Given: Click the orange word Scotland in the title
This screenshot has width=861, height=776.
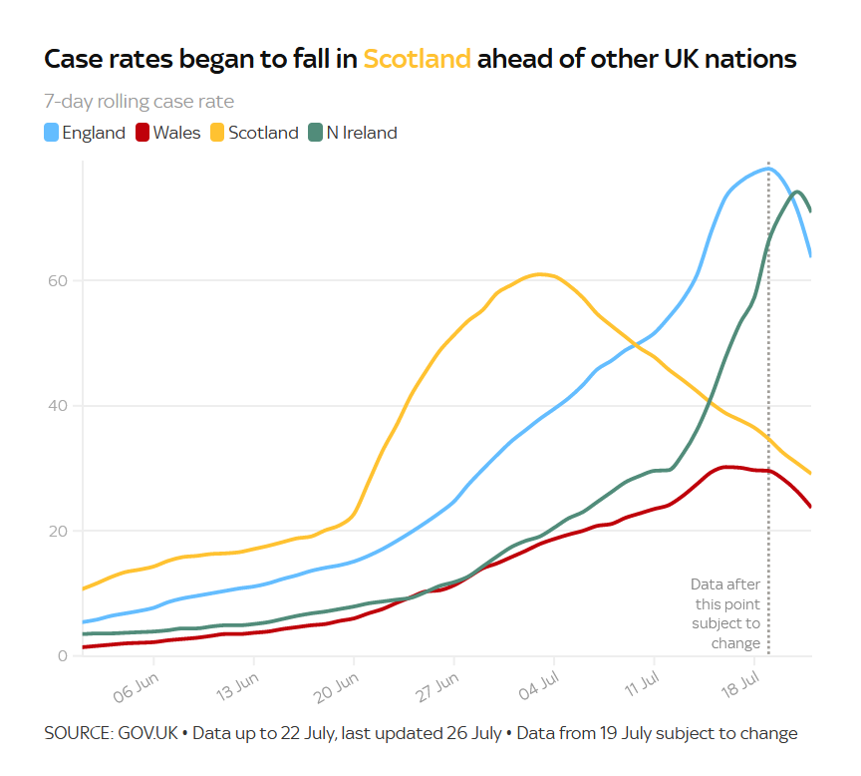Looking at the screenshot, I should pos(417,59).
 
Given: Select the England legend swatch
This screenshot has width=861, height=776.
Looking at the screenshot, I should pos(52,133).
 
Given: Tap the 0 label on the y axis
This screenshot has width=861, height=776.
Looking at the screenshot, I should pos(61,655).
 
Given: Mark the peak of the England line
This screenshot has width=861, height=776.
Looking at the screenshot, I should pos(767,169).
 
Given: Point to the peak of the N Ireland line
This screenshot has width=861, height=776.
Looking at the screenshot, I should pos(798,192).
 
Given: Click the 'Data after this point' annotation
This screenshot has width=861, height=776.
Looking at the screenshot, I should pos(726,613).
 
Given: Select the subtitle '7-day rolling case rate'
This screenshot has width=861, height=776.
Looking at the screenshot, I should pos(139,102).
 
